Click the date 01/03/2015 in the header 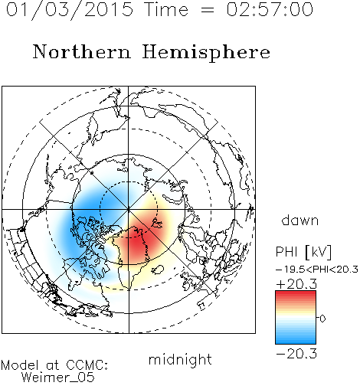[x=70, y=10]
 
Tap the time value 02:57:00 [x=270, y=10]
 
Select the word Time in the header [x=166, y=10]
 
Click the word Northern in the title [x=82, y=51]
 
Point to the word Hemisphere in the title [x=206, y=53]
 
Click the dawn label [x=300, y=221]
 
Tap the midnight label [x=180, y=359]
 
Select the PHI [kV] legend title [x=303, y=252]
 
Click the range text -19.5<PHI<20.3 [x=317, y=270]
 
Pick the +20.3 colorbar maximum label [x=296, y=284]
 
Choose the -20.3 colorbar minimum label [x=296, y=354]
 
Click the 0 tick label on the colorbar [x=322, y=319]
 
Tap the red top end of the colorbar [x=296, y=293]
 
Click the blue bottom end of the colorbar [x=296, y=342]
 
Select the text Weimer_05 [x=58, y=378]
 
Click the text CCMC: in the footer [x=87, y=365]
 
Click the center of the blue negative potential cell [x=92, y=217]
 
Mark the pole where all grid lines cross [x=129, y=209]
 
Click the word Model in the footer [x=20, y=365]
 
